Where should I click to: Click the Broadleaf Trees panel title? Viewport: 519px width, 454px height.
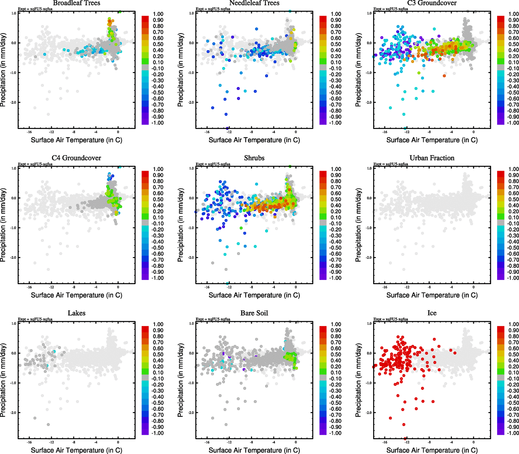76,3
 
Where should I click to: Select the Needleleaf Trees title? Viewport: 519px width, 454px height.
254,3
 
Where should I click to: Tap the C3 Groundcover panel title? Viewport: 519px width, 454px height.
432,3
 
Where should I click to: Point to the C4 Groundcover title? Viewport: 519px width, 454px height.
76,158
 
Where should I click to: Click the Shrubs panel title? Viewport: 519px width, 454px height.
254,158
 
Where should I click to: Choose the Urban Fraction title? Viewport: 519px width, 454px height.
432,158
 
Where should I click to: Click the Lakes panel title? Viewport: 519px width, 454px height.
76,313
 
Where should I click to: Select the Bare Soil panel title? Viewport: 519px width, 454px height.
254,313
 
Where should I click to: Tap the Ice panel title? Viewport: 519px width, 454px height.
432,313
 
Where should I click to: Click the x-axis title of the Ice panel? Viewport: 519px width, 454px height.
432,450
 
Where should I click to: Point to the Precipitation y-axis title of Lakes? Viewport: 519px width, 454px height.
3,380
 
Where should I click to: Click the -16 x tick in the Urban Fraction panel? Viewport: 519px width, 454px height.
385,287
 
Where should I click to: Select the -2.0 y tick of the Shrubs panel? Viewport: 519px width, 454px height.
191,258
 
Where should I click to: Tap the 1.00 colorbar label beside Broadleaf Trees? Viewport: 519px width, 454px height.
158,14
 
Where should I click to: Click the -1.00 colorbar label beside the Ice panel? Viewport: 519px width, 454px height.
513,433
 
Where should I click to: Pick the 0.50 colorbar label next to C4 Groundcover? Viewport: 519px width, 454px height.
158,199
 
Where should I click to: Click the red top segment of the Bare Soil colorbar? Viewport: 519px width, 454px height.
323,329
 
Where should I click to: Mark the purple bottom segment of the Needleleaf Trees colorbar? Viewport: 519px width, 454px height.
323,121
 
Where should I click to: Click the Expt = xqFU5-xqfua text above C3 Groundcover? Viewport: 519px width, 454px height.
390,9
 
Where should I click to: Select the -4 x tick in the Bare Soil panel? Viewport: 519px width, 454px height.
274,442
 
